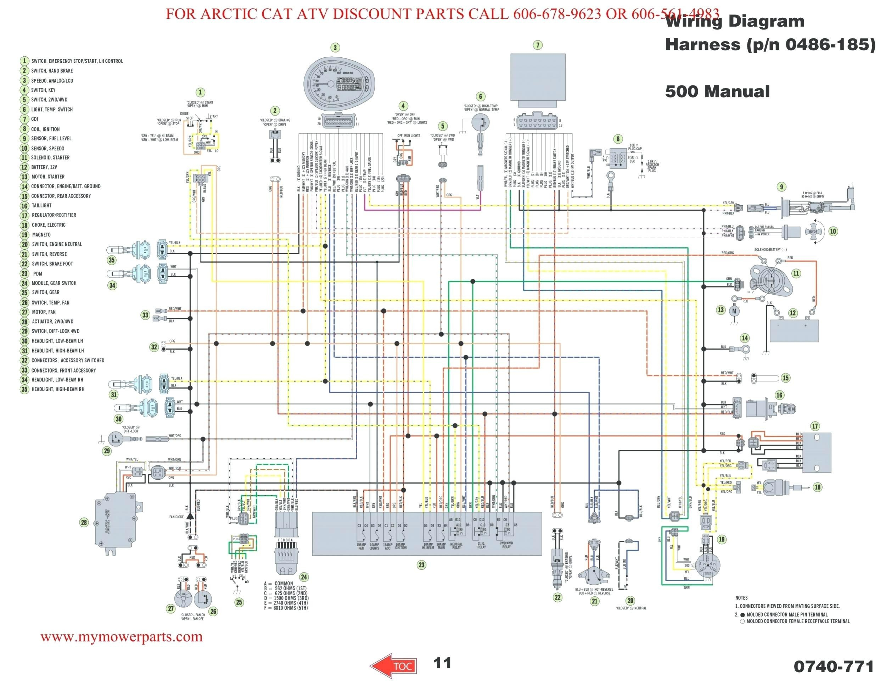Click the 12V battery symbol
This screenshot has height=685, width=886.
coord(794,330)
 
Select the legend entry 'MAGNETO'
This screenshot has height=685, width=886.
coord(41,235)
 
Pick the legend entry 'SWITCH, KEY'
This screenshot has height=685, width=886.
coord(43,90)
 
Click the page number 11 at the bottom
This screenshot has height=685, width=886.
coord(442,663)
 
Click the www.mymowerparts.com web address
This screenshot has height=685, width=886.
coord(121,636)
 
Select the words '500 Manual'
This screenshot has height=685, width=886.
coord(717,91)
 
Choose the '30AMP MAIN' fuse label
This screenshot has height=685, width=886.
coord(441,546)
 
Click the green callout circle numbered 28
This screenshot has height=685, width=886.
coord(84,522)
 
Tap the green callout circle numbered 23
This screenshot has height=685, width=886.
coord(421,564)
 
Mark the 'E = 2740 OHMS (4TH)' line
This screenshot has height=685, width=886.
coord(286,603)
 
